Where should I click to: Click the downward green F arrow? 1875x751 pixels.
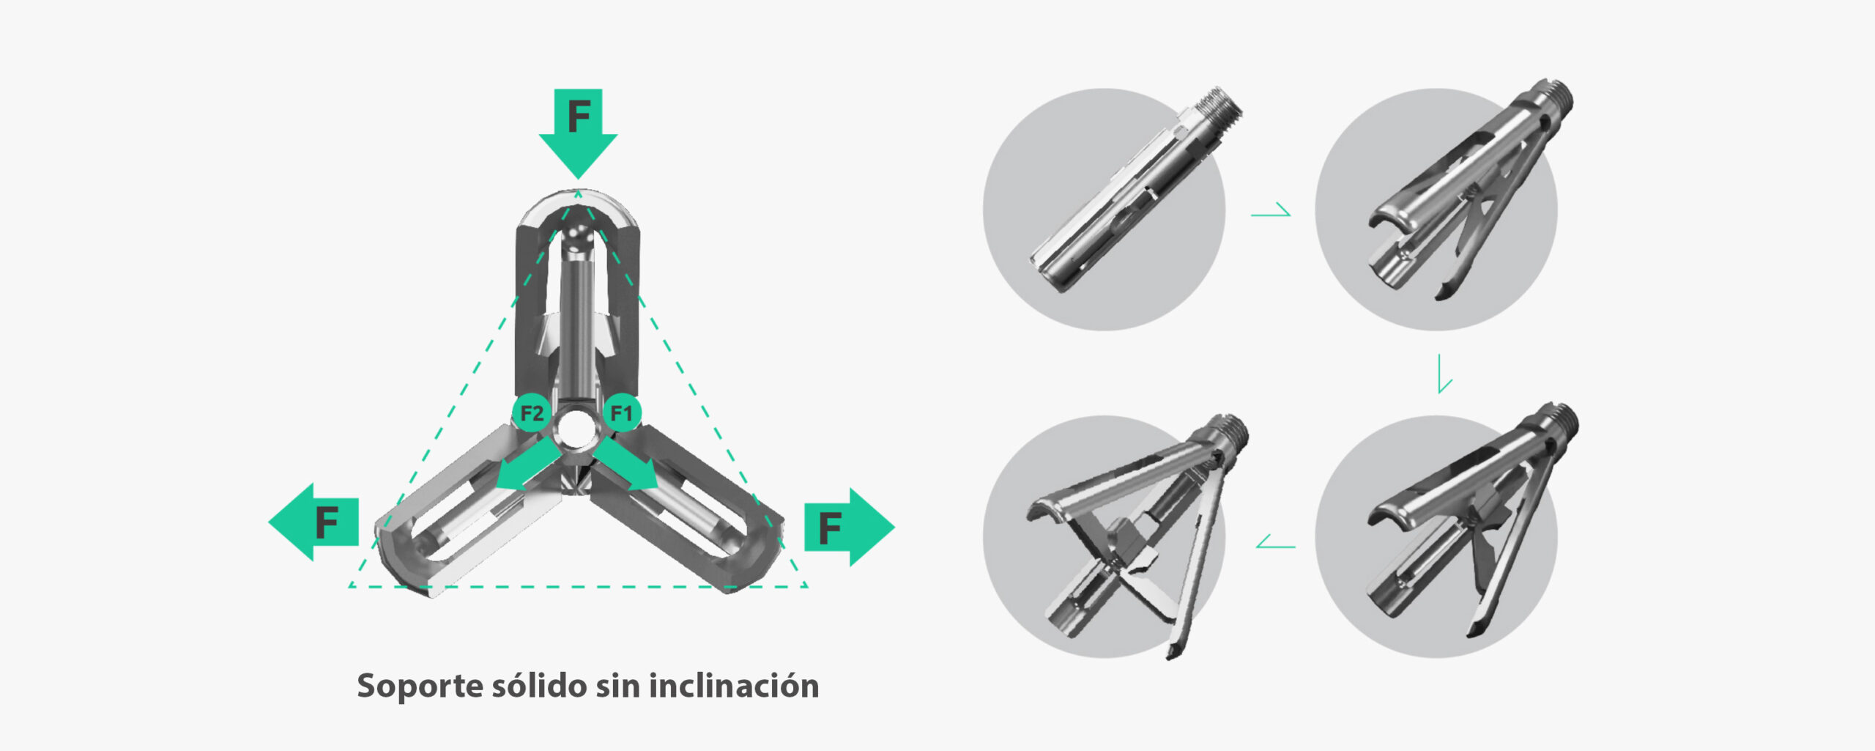coord(579,132)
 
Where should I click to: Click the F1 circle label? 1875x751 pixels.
coord(622,413)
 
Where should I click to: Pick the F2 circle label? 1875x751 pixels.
coord(532,413)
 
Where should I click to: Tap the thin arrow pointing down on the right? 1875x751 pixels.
coord(1444,374)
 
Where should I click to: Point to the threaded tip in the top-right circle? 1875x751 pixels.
coord(1554,100)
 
